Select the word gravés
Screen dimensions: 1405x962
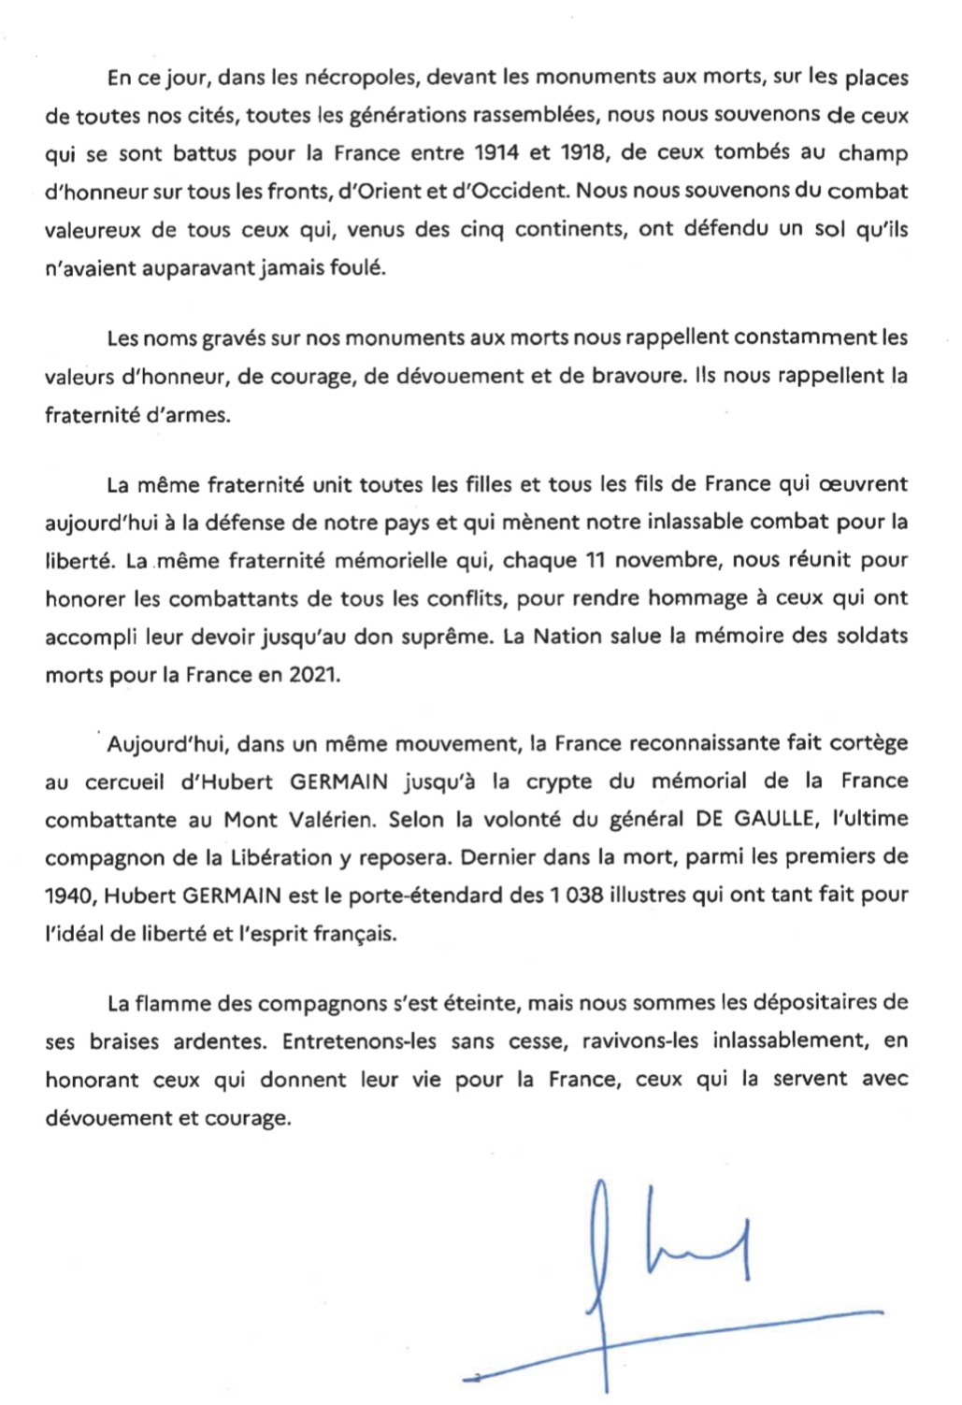click(x=235, y=337)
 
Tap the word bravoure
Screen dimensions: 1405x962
click(x=633, y=376)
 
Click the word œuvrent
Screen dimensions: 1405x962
click(x=863, y=484)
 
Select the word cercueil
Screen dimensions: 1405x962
click(x=124, y=782)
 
